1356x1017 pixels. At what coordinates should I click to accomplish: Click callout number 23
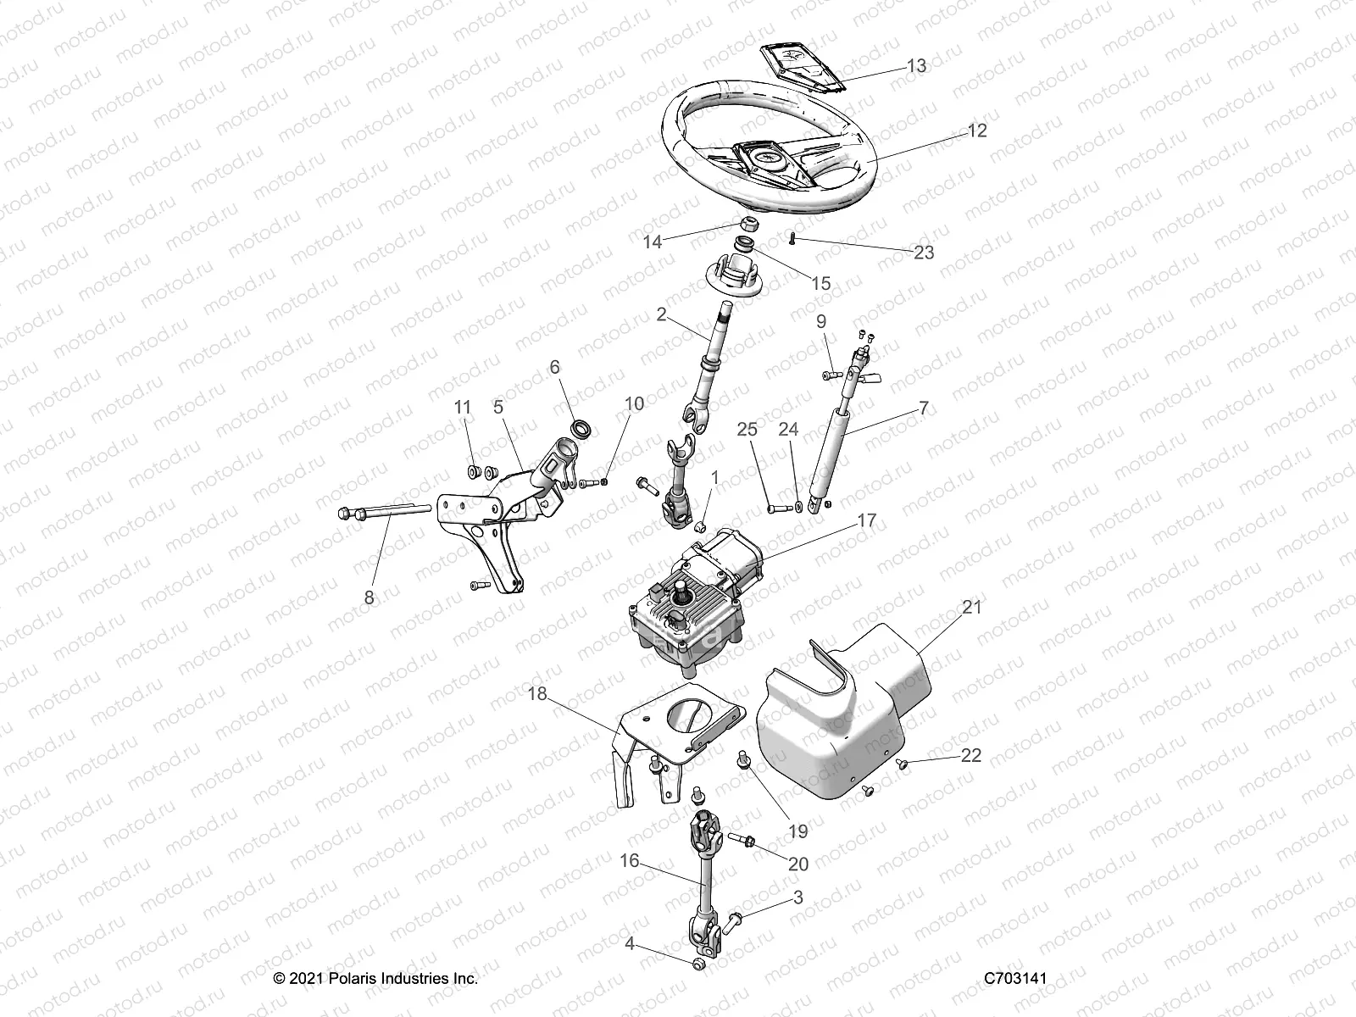(x=924, y=253)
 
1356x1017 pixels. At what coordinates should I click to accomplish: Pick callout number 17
(x=866, y=520)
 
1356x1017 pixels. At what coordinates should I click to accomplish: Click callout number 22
(x=970, y=754)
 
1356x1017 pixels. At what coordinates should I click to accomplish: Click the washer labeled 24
(x=799, y=507)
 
